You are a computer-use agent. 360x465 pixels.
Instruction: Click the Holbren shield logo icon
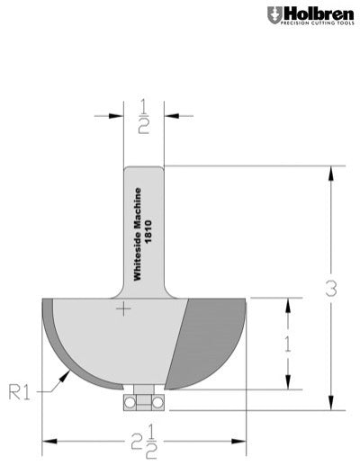pyautogui.click(x=274, y=15)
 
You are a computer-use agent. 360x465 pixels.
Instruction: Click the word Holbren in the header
pyautogui.click(x=312, y=13)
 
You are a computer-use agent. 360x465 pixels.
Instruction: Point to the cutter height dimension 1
pyautogui.click(x=287, y=343)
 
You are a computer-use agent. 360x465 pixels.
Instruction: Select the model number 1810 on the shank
pyautogui.click(x=148, y=219)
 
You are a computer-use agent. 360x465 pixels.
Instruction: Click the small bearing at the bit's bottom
pyautogui.click(x=142, y=399)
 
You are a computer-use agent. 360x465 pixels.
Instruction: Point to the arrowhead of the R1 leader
pyautogui.click(x=66, y=374)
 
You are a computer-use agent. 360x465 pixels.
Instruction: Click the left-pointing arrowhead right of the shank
pyautogui.click(x=169, y=114)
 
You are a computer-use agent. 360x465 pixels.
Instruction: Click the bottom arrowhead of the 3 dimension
pyautogui.click(x=332, y=404)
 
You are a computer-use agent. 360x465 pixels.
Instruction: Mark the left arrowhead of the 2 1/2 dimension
pyautogui.click(x=48, y=440)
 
